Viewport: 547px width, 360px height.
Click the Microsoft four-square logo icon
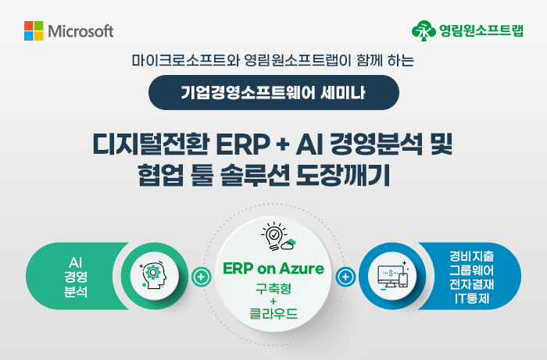34,30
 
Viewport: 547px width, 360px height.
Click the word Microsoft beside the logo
80,31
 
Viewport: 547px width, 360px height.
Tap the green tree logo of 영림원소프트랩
424,30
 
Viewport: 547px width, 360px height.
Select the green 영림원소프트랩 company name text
481,30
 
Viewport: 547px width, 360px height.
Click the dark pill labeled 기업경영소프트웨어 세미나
273,92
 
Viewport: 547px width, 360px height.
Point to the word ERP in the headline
243,144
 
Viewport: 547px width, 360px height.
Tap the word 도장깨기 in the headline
342,175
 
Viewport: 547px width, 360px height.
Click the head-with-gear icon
154,276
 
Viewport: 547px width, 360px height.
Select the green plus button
202,277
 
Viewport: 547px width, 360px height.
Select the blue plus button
345,277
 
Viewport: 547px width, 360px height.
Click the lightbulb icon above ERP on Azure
278,237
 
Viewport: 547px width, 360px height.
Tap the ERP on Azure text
273,269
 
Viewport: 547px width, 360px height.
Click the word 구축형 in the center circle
273,289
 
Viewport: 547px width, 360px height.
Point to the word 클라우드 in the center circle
273,314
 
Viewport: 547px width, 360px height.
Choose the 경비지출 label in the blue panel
472,256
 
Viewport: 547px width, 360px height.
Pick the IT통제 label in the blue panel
472,298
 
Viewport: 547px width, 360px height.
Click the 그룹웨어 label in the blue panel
472,270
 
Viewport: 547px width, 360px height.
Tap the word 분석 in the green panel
76,292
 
